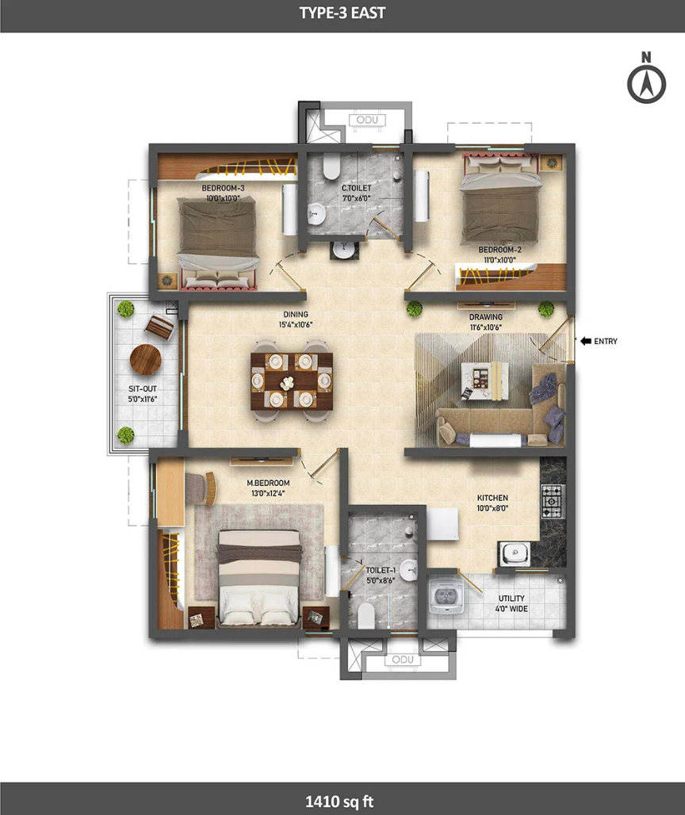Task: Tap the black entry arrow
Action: pyautogui.click(x=585, y=342)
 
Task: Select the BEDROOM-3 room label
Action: pyautogui.click(x=223, y=188)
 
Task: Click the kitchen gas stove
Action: pyautogui.click(x=553, y=501)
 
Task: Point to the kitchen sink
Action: pyautogui.click(x=514, y=553)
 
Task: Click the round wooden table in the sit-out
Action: pyautogui.click(x=146, y=360)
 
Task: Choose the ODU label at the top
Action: pyautogui.click(x=367, y=120)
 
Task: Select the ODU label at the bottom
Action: pyautogui.click(x=403, y=660)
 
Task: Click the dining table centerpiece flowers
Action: pyautogui.click(x=287, y=384)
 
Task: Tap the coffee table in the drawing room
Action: pyautogui.click(x=484, y=381)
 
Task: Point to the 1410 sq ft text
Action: pyautogui.click(x=339, y=802)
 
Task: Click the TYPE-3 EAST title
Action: pyautogui.click(x=342, y=13)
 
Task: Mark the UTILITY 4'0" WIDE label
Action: pyautogui.click(x=511, y=603)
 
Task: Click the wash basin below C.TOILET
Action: pyautogui.click(x=343, y=250)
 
